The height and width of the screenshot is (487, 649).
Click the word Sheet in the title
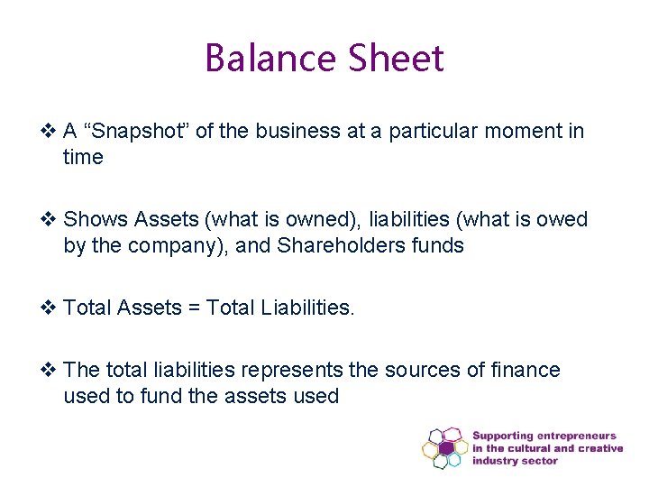click(x=396, y=60)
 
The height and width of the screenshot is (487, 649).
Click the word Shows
click(x=96, y=219)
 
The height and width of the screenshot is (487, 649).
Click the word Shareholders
click(x=342, y=245)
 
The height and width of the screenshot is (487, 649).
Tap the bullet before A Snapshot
click(x=50, y=132)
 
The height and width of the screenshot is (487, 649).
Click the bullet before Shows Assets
click(x=50, y=219)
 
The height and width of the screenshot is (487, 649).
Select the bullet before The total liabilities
click(x=50, y=370)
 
